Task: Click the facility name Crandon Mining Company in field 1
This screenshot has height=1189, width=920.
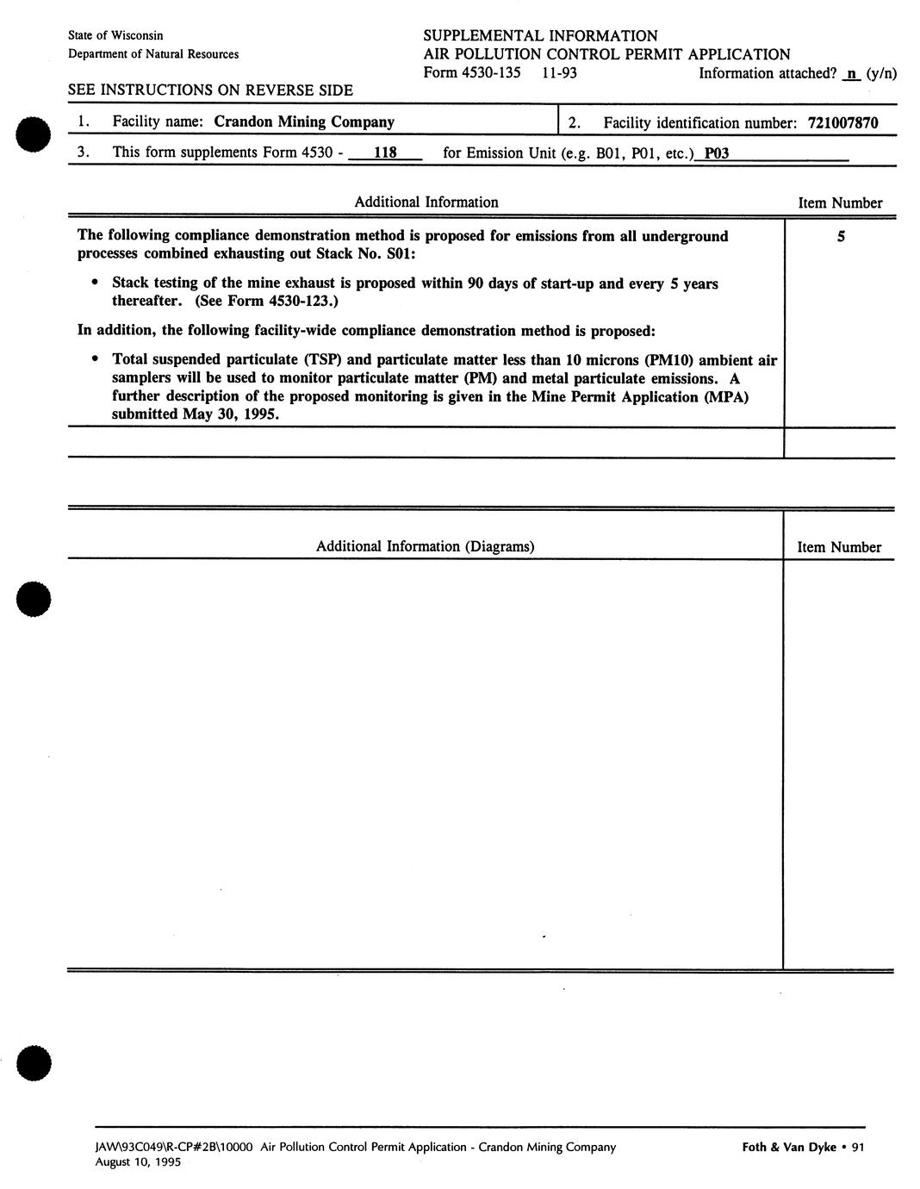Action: pyautogui.click(x=303, y=122)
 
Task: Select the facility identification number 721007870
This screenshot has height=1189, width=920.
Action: pyautogui.click(x=842, y=123)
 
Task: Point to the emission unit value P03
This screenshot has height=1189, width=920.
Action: pyautogui.click(x=717, y=153)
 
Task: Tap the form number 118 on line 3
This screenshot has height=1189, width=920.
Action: pyautogui.click(x=385, y=153)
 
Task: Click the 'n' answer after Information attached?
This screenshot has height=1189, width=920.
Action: pyautogui.click(x=852, y=73)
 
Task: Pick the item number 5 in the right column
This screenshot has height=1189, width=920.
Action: pyautogui.click(x=841, y=236)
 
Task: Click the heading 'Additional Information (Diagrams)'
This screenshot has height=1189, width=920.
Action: pyautogui.click(x=425, y=546)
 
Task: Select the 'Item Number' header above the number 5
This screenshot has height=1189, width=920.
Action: pyautogui.click(x=840, y=203)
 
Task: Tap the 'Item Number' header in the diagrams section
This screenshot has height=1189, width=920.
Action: pyautogui.click(x=839, y=547)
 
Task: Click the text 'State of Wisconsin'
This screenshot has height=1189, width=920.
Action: pyautogui.click(x=115, y=35)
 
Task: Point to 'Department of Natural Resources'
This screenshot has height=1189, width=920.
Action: pyautogui.click(x=153, y=54)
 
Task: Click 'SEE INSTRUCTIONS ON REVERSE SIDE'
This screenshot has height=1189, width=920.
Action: pyautogui.click(x=209, y=90)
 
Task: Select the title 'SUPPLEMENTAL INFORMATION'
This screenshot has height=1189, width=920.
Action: pyautogui.click(x=540, y=36)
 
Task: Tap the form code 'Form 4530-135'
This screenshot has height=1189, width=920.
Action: pyautogui.click(x=472, y=73)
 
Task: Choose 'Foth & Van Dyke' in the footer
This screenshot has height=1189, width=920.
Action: pyautogui.click(x=788, y=1147)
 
